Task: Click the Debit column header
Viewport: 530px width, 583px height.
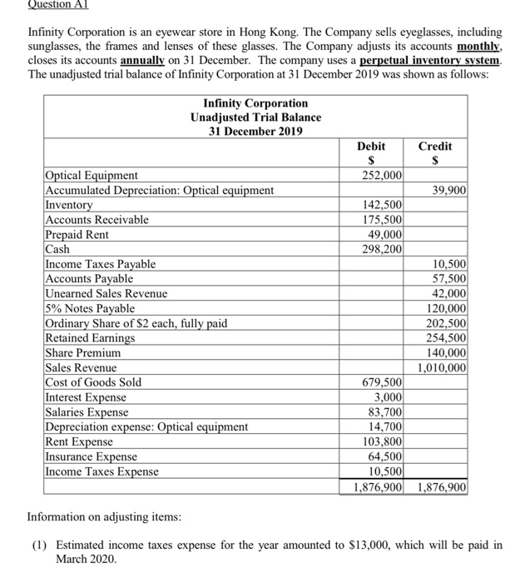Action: coord(373,145)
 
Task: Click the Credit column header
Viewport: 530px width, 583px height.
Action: coord(435,145)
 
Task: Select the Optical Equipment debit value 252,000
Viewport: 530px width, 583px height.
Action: coord(382,175)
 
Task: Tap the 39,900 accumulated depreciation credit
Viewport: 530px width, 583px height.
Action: coord(449,190)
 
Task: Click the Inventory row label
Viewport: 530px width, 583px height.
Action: coord(69,205)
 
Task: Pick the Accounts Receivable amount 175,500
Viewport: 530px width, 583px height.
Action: coord(382,220)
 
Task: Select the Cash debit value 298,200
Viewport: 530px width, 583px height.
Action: coord(382,249)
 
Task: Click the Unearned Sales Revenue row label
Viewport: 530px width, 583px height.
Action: coord(106,294)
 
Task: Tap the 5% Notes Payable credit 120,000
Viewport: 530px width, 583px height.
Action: coord(447,308)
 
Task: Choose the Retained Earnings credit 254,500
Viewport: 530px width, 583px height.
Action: coord(447,338)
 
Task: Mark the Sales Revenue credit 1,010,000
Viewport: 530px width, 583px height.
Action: coord(441,367)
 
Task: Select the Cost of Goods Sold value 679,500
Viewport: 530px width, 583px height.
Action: coord(382,382)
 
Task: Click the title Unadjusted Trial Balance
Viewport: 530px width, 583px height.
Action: coord(255,117)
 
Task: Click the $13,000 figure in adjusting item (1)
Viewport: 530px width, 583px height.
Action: coord(309,546)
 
